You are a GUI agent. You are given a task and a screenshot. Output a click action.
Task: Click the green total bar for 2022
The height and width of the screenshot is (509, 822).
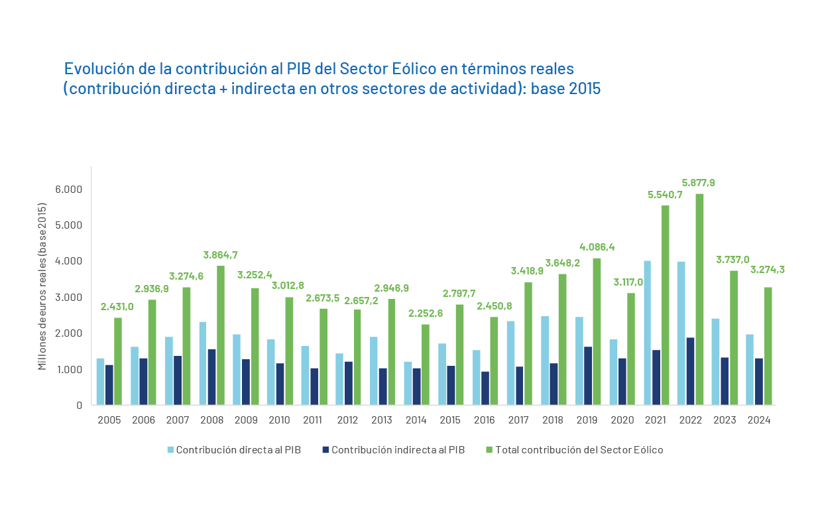(699, 299)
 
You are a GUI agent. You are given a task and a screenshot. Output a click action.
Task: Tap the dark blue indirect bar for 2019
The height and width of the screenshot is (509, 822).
(588, 375)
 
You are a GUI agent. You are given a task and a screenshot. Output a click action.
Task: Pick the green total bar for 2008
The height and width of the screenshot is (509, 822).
(220, 335)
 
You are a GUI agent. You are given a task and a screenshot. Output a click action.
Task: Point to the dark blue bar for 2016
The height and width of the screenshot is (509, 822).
(485, 388)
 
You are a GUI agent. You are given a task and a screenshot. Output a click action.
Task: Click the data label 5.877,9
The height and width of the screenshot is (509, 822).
(698, 182)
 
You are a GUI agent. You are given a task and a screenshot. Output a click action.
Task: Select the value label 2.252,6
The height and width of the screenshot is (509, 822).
(426, 313)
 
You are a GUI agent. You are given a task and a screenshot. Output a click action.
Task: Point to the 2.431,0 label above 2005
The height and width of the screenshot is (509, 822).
(117, 306)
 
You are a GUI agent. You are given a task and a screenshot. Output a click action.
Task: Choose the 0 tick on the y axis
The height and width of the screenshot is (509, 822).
(79, 405)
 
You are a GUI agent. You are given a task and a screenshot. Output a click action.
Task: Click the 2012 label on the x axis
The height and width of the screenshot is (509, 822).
(347, 420)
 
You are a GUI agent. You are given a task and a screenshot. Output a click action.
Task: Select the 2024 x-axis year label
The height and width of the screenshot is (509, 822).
(758, 420)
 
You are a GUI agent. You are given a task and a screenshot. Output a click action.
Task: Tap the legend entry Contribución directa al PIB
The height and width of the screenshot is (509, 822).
(238, 450)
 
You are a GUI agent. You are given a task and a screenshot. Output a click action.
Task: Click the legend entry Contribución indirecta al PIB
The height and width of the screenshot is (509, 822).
(398, 450)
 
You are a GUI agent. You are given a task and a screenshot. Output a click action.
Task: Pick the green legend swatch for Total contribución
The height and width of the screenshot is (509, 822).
(489, 450)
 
